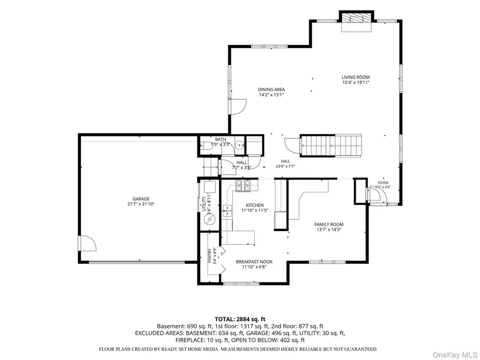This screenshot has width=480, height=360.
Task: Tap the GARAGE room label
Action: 141,199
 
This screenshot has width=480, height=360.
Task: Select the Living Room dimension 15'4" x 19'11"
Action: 356,82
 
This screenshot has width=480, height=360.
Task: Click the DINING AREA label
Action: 271,90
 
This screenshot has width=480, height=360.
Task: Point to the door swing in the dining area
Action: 238,106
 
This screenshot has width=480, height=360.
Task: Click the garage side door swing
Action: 88,243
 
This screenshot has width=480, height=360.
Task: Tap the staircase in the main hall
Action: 331,146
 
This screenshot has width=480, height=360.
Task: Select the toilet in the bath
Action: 207,146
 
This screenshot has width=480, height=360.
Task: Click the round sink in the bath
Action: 240,144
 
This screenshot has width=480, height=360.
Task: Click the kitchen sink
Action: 227,210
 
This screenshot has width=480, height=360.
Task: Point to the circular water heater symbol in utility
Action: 210,219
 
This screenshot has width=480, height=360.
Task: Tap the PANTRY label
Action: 210,256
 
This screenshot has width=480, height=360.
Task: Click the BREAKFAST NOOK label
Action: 254,262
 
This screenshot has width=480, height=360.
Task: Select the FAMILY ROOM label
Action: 329,224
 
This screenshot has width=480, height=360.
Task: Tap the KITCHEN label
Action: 255,205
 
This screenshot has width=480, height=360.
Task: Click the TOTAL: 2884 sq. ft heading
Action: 240,319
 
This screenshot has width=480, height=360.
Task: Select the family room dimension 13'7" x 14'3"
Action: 329,230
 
